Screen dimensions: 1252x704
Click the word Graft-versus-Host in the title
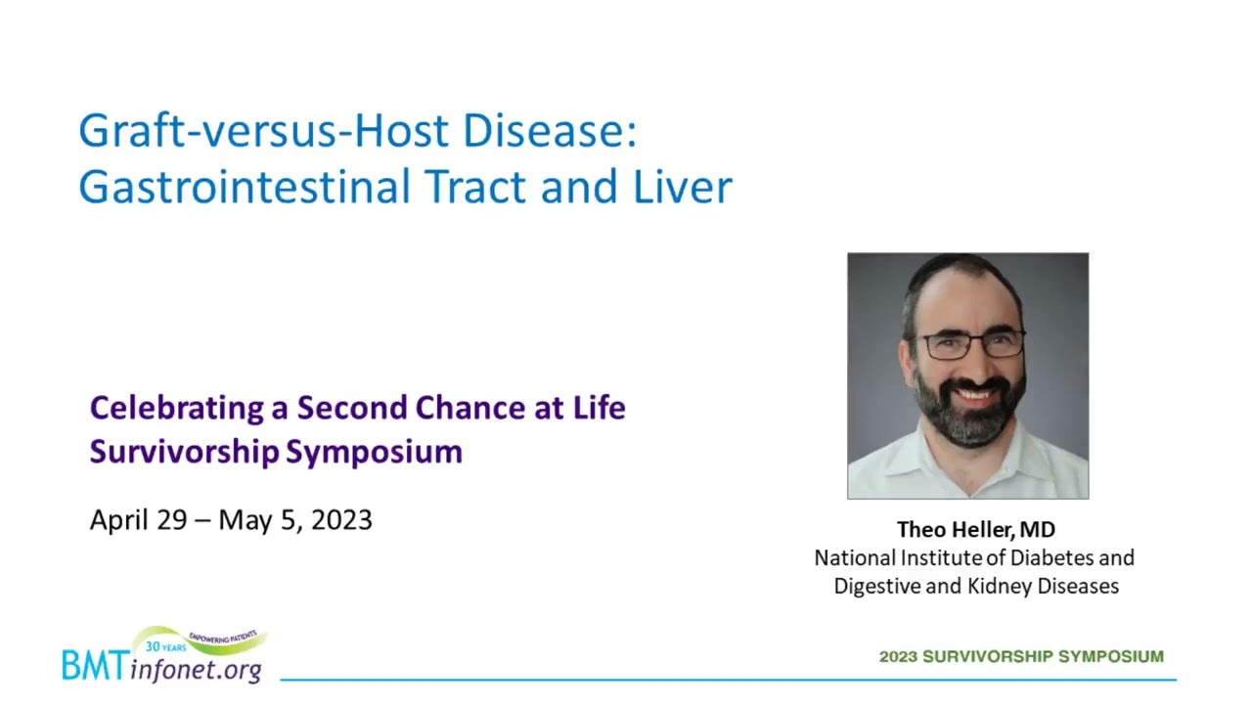point(263,131)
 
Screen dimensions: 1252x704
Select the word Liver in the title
point(682,186)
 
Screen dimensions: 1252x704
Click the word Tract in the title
point(475,186)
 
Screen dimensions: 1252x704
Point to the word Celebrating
point(177,409)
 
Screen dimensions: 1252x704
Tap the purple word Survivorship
point(185,452)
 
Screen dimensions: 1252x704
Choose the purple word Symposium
point(375,453)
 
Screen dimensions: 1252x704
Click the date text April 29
point(139,521)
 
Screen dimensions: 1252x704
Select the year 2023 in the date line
point(341,520)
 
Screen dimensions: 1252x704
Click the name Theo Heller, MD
point(976,530)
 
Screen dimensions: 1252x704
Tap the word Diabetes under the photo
point(1051,558)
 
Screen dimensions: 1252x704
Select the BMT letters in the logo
point(94,666)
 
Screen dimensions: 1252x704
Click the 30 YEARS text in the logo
point(165,646)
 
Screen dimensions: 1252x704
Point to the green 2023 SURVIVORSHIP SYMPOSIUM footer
point(1021,656)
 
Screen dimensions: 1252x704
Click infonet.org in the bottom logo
point(196,670)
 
